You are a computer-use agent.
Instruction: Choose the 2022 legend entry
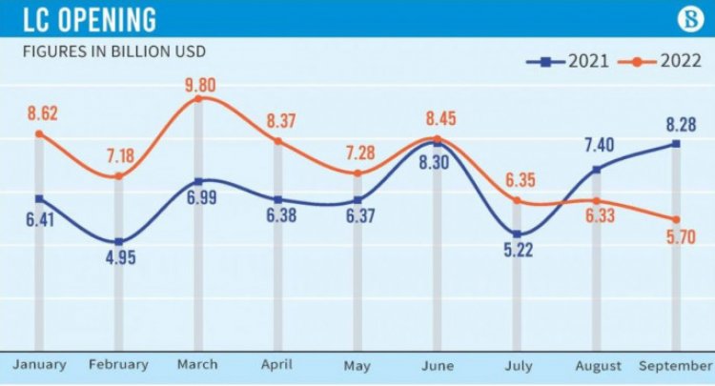(x=658, y=62)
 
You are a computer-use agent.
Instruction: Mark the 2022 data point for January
(x=39, y=133)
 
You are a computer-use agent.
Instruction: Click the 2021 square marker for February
(x=118, y=242)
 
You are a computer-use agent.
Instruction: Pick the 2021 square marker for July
(x=517, y=234)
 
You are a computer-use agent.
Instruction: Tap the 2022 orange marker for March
(x=198, y=98)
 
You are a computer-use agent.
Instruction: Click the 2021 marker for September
(x=676, y=144)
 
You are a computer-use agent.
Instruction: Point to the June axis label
(x=437, y=365)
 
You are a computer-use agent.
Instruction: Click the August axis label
(x=597, y=365)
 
